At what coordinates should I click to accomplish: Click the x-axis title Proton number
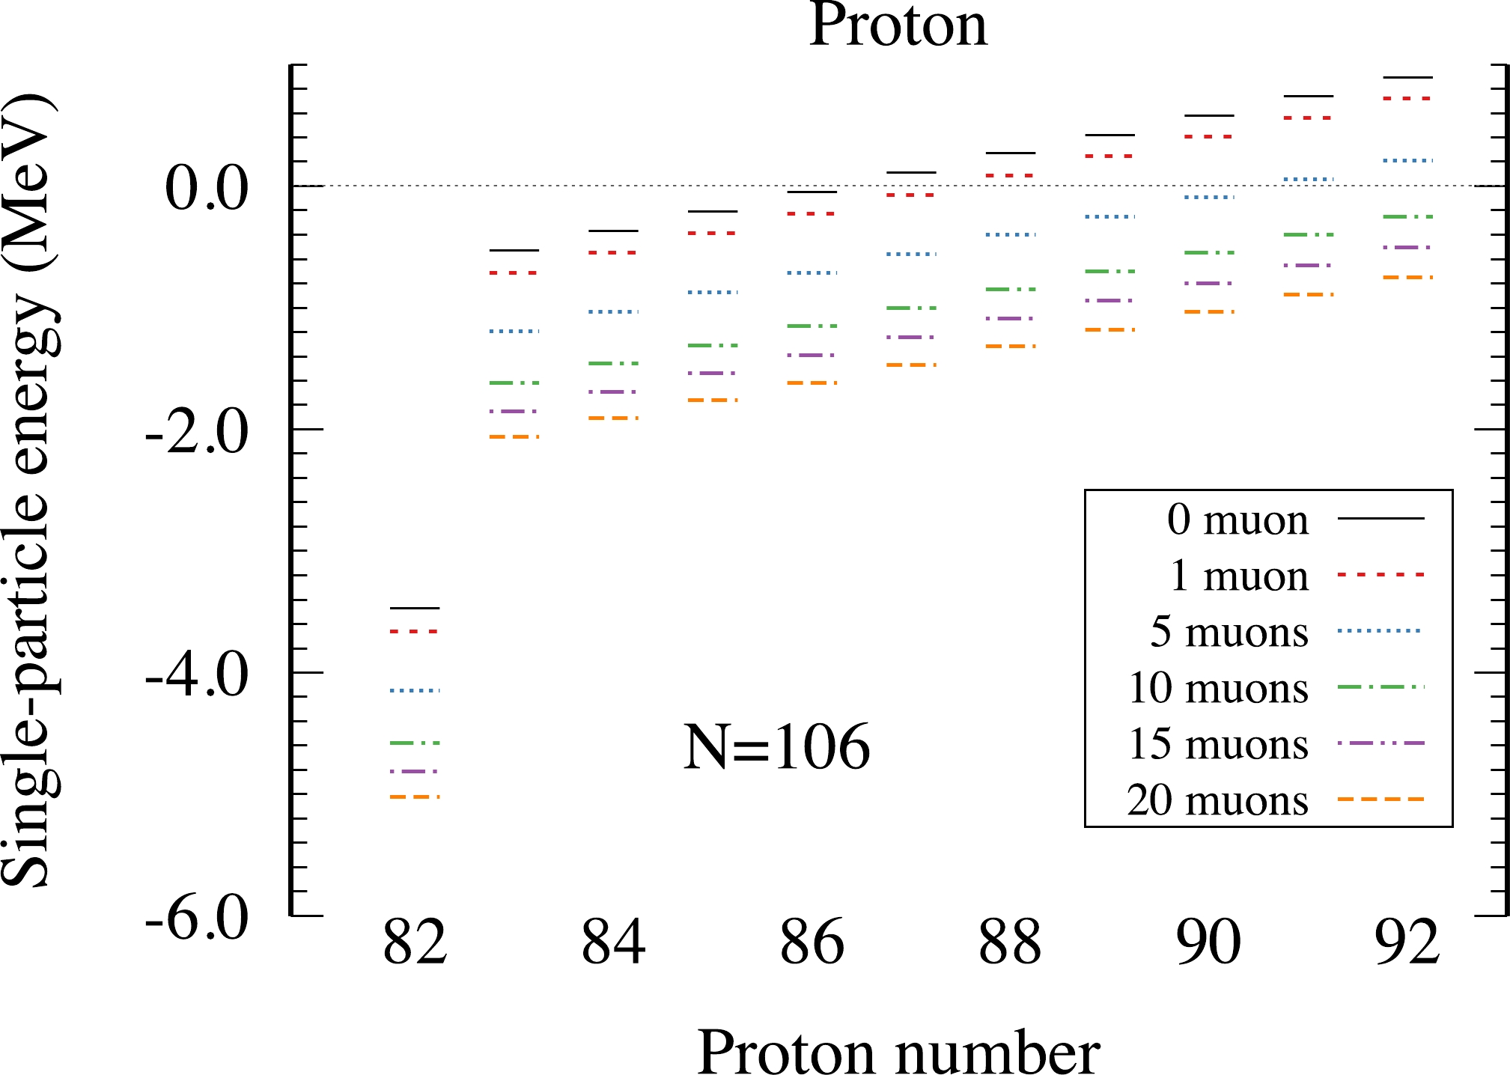898,1051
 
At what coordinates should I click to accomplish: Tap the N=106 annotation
776,747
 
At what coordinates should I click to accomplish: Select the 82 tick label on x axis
415,942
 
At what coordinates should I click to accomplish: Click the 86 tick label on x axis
812,942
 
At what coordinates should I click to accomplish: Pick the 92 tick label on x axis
1407,942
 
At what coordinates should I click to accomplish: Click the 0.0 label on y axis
207,188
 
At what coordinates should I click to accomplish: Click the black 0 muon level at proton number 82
415,608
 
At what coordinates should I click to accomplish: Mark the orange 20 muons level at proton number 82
415,797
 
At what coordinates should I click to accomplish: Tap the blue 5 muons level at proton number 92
1407,160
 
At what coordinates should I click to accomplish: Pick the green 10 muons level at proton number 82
415,743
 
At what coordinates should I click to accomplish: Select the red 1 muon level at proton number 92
1407,98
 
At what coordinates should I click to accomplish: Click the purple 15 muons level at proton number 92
1407,247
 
